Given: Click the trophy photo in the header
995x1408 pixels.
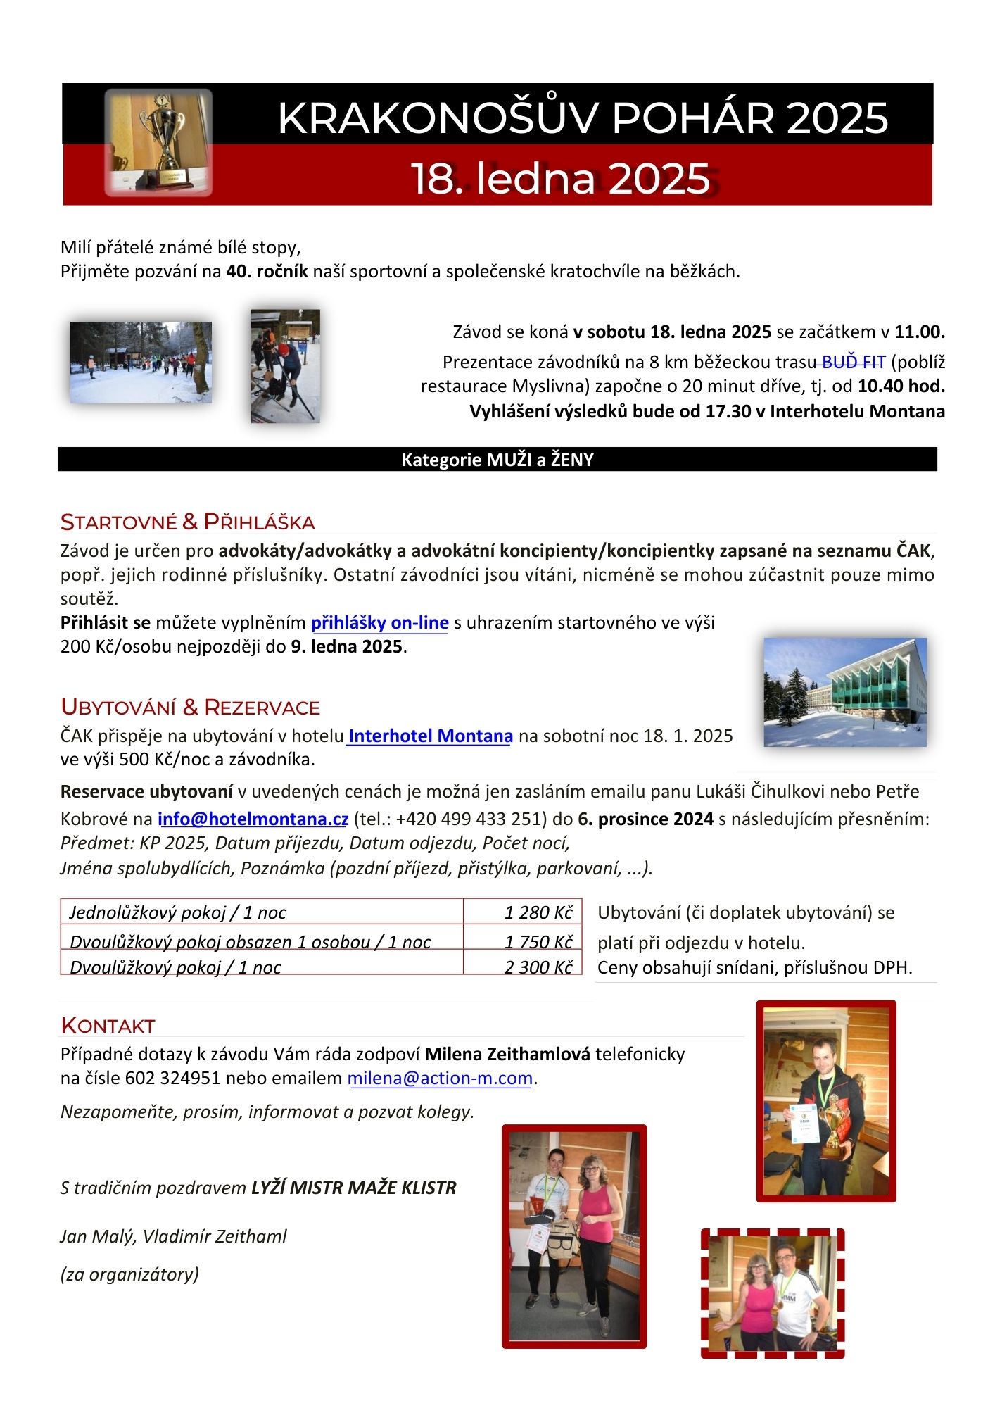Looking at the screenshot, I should (x=158, y=142).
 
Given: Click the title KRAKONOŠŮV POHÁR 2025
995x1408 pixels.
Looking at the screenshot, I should (x=583, y=118).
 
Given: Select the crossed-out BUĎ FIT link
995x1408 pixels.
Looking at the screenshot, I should (x=852, y=363).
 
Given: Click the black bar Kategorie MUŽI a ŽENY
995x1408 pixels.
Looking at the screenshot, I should (x=497, y=460).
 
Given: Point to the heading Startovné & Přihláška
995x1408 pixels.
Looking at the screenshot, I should (x=187, y=522).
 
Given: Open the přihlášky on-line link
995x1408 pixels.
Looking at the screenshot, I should (x=379, y=623).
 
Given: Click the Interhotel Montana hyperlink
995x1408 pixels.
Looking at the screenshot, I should (x=430, y=736).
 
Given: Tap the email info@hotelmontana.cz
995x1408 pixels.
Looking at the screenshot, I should (x=253, y=819).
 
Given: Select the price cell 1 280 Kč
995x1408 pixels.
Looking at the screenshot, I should (x=538, y=912).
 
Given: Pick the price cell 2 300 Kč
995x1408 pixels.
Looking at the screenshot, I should (x=538, y=967).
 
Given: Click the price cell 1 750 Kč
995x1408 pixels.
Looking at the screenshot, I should (x=538, y=942).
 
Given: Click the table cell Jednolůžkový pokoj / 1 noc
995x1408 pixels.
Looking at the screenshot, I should (x=178, y=912).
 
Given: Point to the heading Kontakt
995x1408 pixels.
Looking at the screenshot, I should (x=108, y=1026).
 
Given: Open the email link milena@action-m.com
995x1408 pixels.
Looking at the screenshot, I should (x=440, y=1079).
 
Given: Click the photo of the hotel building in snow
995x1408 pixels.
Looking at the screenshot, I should (x=844, y=692).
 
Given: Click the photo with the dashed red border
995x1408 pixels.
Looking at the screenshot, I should (x=773, y=1293).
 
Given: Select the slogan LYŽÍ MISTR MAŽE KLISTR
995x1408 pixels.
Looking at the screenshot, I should (x=354, y=1188).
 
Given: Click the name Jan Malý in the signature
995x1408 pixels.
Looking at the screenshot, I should (x=96, y=1237).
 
